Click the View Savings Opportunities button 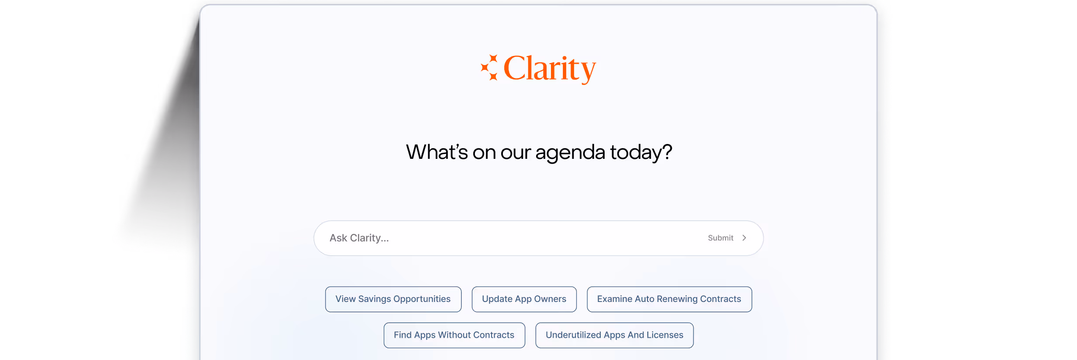(x=393, y=299)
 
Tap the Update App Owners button (x=524, y=299)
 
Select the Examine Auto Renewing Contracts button (x=669, y=299)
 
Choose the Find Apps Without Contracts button (x=454, y=335)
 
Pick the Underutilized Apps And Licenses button (x=614, y=335)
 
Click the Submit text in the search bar (x=720, y=238)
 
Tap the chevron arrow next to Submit (x=744, y=238)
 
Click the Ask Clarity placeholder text (x=359, y=238)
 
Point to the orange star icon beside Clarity (x=489, y=68)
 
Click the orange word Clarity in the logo (x=550, y=69)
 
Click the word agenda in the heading (x=570, y=153)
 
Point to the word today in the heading (x=636, y=153)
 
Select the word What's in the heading (x=437, y=152)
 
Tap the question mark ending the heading (x=667, y=152)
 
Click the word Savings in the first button (x=375, y=299)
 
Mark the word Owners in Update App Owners (x=550, y=299)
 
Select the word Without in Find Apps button (x=454, y=335)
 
